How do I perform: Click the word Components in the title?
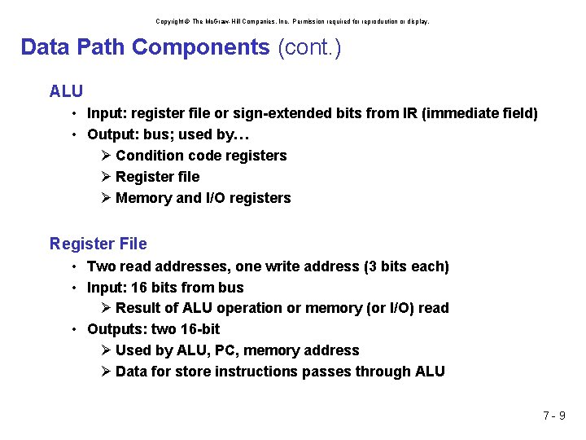200,47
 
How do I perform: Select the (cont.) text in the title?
309,47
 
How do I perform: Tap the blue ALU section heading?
66,90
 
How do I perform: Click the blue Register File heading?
98,244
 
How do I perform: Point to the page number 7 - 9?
554,416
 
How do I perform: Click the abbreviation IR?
410,113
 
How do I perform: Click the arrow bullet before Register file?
107,177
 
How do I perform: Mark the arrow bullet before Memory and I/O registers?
107,198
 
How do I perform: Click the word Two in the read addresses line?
101,266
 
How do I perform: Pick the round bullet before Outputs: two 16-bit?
73,329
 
